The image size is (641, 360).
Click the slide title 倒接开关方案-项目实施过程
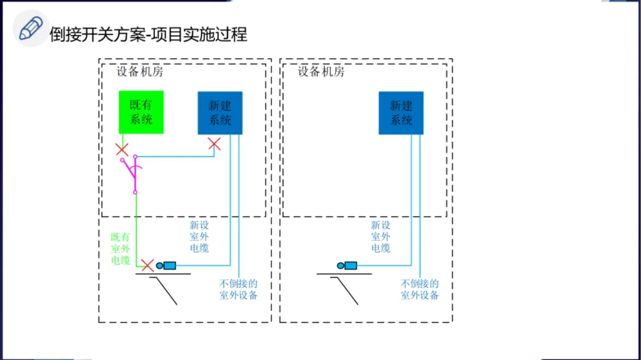148,34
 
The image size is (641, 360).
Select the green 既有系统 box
141,112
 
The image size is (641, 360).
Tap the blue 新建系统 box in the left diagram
220,113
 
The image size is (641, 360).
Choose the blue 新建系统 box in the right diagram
401,113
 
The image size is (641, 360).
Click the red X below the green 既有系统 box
122,149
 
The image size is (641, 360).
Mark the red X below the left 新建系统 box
214,144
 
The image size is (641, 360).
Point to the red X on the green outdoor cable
147,265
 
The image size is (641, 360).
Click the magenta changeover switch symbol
134,173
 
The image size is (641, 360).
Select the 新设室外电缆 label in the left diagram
199,237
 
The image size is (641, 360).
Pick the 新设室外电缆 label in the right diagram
380,237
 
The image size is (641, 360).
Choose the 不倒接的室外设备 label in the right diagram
420,289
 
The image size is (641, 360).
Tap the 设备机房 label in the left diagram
139,72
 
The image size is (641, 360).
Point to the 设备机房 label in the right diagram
321,72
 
